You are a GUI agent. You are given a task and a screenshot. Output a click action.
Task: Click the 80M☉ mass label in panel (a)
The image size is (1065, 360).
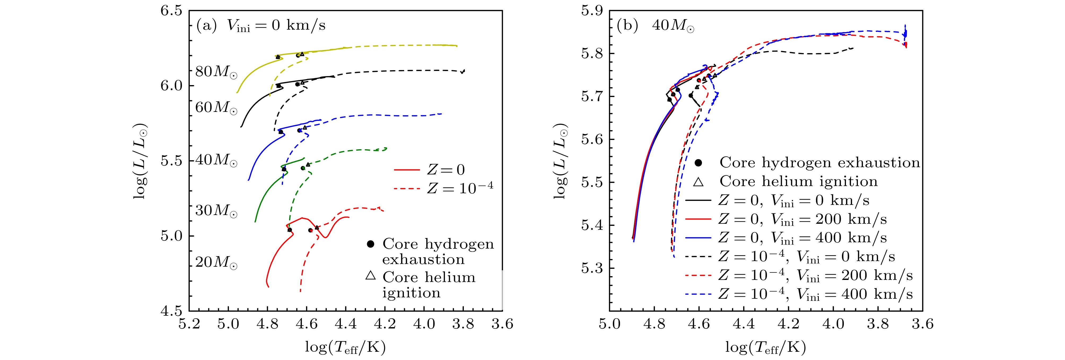(216, 72)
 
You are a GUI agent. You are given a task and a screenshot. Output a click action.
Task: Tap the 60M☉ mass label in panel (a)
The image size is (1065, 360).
(216, 107)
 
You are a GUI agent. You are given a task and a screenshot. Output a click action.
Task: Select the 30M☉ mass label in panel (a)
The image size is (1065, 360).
(216, 211)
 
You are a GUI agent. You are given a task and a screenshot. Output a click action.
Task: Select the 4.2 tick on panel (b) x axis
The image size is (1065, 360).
(788, 324)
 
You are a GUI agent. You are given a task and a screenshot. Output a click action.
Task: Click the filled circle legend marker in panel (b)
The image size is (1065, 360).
(698, 163)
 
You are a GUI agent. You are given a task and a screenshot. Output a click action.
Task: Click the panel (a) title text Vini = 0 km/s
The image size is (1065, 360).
(276, 26)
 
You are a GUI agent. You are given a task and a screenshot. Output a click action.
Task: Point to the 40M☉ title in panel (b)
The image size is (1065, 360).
(673, 26)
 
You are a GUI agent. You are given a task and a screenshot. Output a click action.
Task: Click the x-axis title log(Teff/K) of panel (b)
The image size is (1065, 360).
(765, 348)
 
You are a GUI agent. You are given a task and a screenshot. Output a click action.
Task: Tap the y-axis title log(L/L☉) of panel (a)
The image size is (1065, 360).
(141, 161)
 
